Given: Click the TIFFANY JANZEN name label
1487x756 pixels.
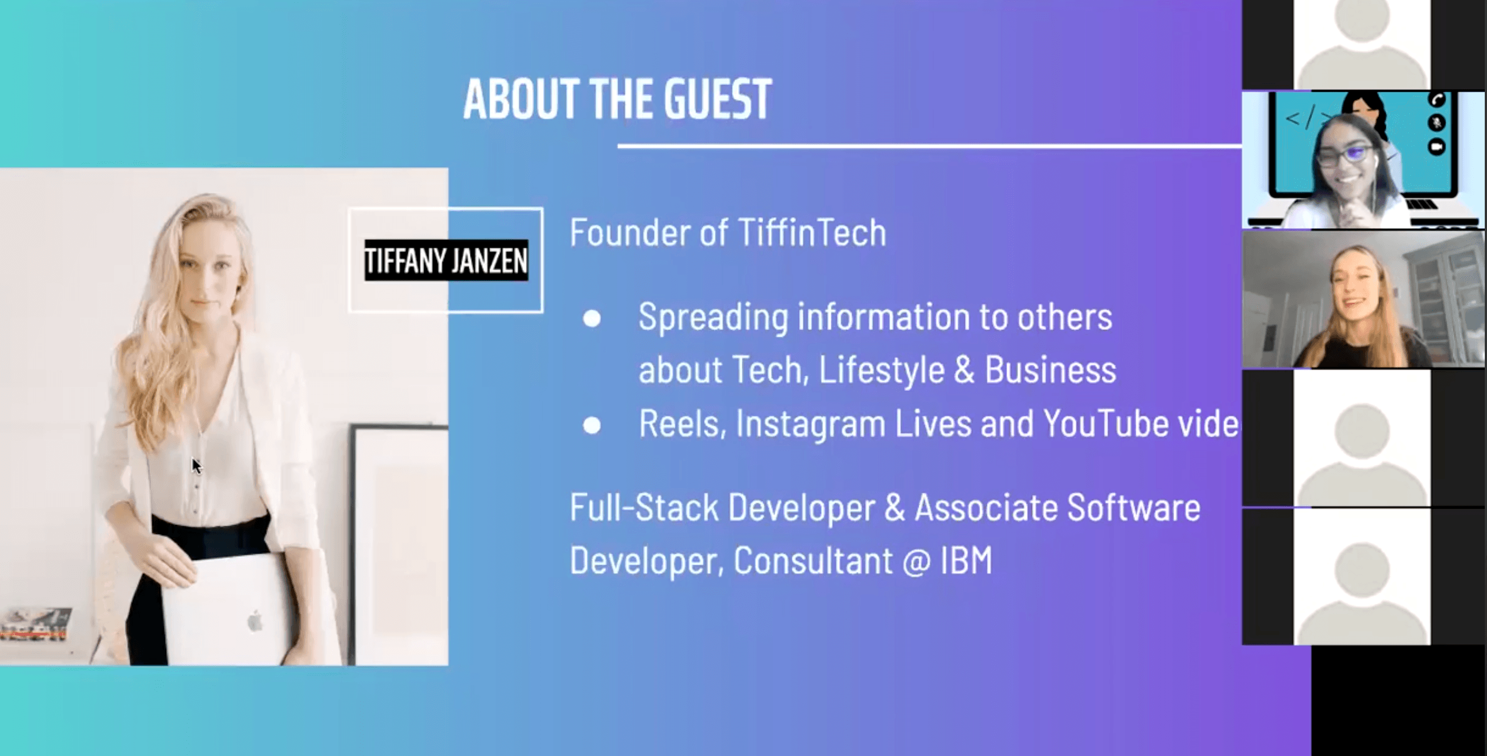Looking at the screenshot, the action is click(446, 260).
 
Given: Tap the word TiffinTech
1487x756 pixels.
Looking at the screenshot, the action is click(812, 233).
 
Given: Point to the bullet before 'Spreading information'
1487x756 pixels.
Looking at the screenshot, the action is click(592, 319).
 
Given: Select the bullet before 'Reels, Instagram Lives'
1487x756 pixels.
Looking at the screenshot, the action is click(592, 426).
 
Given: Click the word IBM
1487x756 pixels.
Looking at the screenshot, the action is click(966, 560).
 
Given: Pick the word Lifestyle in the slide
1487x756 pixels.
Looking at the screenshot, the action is click(882, 370).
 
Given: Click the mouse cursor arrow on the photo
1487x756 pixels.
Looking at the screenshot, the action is click(196, 466).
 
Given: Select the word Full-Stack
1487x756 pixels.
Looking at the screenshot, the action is click(644, 507).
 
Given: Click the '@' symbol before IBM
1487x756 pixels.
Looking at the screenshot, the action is click(917, 561).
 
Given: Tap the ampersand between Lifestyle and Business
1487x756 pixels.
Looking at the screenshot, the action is click(964, 370).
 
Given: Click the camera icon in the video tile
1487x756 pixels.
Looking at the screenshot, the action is click(1437, 147).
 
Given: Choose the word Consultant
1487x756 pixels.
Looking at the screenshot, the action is click(813, 560).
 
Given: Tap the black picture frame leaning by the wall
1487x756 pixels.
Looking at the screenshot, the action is click(398, 545).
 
